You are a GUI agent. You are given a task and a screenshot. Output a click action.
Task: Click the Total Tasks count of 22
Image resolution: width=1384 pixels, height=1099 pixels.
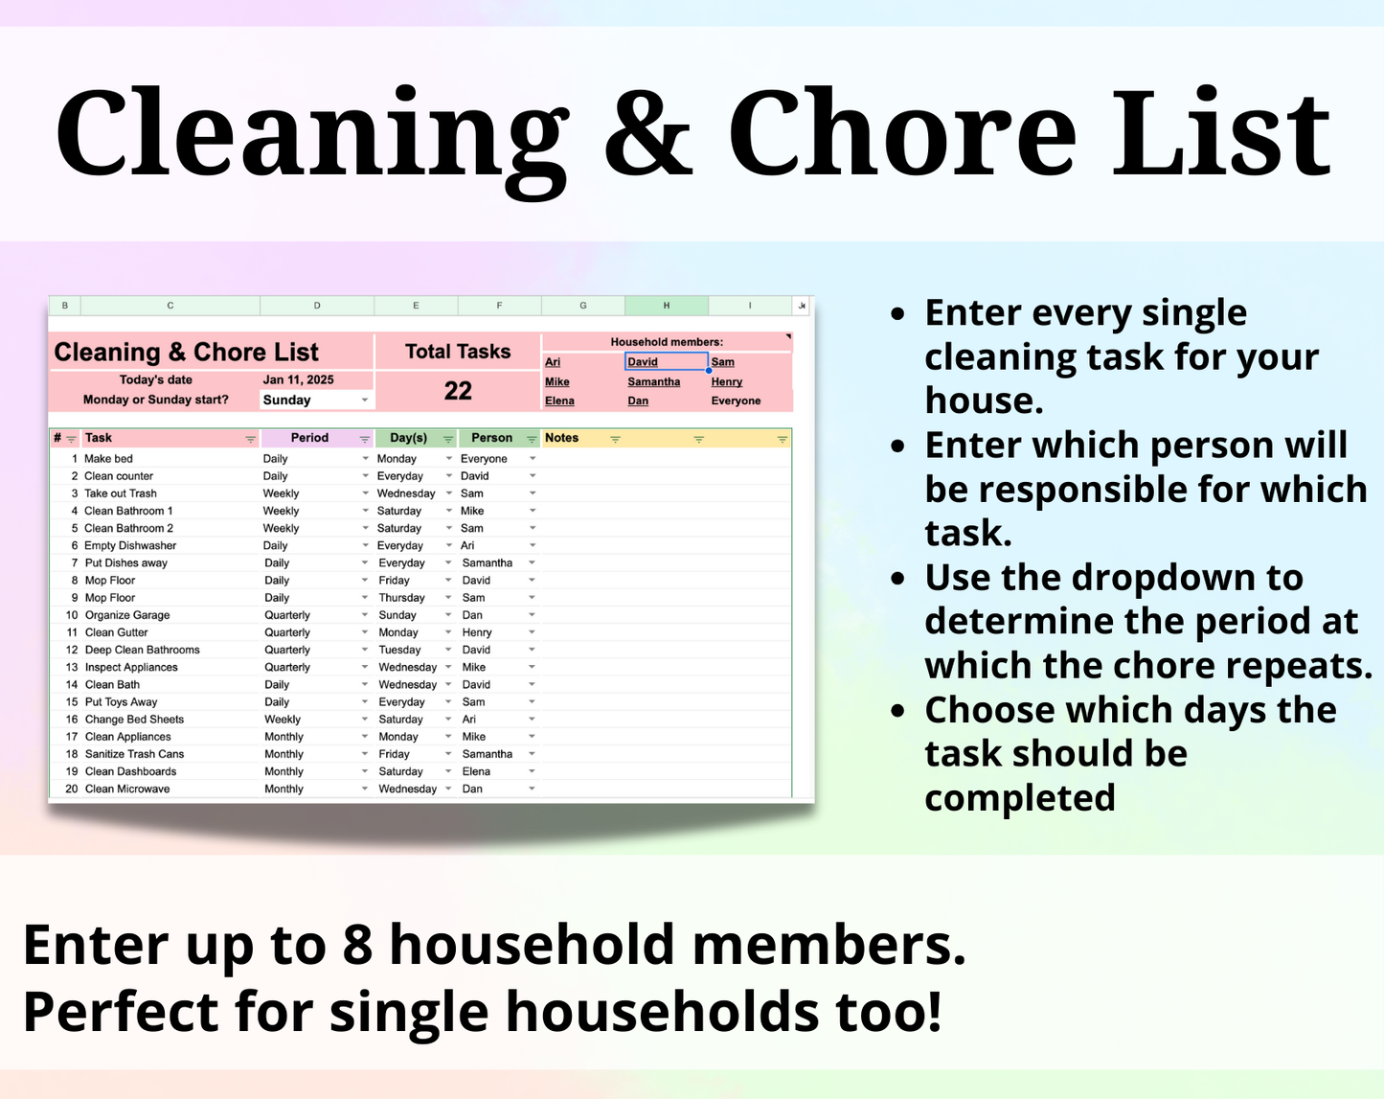point(458,391)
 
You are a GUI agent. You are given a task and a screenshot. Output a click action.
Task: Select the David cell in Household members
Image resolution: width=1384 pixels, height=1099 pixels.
point(667,361)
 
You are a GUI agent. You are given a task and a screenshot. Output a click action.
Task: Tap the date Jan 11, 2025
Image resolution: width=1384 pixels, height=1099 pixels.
point(299,379)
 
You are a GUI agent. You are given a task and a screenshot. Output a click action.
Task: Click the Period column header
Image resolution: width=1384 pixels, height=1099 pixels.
point(309,438)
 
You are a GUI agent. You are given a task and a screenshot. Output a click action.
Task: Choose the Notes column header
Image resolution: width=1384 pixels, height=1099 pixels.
point(561,438)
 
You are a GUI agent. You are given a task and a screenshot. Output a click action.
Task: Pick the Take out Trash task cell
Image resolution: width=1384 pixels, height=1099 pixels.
point(121,493)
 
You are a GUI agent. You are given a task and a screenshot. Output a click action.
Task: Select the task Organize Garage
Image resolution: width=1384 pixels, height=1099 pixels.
point(127,615)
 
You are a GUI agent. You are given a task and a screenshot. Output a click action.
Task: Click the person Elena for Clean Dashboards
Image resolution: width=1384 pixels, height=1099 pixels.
point(476,771)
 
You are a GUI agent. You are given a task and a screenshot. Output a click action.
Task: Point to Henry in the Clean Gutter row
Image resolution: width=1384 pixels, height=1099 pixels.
point(477,632)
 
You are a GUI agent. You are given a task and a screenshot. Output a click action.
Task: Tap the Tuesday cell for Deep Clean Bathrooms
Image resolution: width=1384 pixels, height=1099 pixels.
point(399,650)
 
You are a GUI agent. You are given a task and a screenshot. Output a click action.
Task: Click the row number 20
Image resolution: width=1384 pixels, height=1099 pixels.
point(72,789)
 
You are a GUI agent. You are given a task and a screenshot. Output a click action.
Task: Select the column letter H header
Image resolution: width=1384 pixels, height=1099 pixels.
point(667,306)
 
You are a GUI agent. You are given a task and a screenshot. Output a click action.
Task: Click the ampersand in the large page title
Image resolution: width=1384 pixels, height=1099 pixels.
point(647,132)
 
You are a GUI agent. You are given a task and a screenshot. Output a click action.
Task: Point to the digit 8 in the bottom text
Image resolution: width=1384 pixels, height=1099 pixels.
point(358,945)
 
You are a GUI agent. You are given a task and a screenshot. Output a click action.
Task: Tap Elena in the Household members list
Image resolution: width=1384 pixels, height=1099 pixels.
point(559,401)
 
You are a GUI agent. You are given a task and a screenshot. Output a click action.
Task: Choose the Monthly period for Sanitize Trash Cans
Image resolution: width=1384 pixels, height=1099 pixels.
point(284,754)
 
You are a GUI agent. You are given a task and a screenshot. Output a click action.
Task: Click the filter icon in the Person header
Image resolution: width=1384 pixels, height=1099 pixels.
point(532,440)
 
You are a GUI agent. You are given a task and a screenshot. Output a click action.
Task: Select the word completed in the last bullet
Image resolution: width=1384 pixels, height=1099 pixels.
point(1019,799)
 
